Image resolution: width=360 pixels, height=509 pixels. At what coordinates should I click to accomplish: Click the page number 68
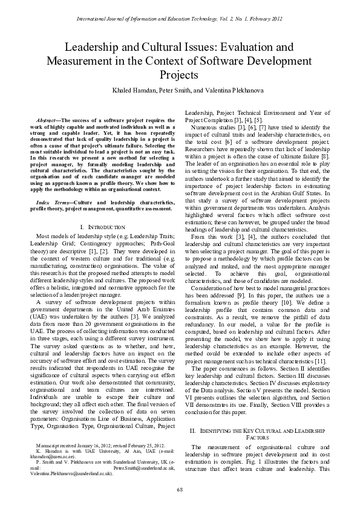[180, 488]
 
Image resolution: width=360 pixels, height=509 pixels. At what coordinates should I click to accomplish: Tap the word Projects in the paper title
[180, 75]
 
